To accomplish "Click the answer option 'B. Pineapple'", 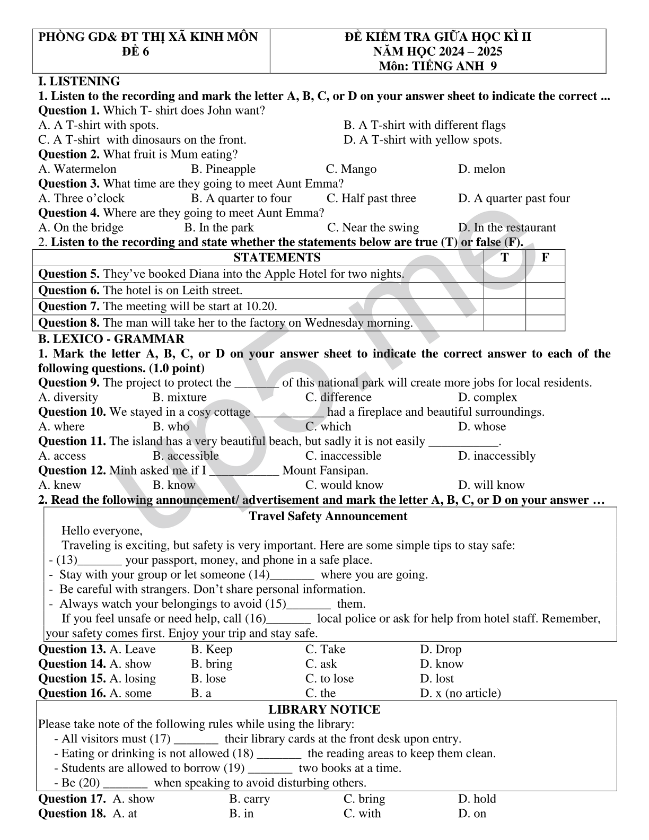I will click(x=223, y=169).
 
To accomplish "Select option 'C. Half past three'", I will click(x=371, y=198).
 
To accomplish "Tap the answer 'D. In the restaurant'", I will click(x=507, y=227).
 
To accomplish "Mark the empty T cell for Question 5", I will click(x=504, y=274).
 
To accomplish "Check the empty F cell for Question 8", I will click(x=545, y=322).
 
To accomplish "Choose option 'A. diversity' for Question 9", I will click(x=68, y=397).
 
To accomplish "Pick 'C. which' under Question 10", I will click(x=328, y=426).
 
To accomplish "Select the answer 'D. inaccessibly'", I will click(x=497, y=456).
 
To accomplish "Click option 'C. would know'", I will click(x=344, y=485).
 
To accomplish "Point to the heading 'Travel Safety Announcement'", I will click(x=328, y=517).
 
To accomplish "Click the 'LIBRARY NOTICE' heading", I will click(x=324, y=710).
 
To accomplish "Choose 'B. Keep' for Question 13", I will click(x=212, y=649).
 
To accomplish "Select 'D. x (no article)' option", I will click(x=460, y=693).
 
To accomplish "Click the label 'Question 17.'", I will click(x=73, y=799).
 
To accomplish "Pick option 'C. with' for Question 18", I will click(x=362, y=813).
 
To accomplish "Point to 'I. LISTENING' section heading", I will click(x=80, y=81).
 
